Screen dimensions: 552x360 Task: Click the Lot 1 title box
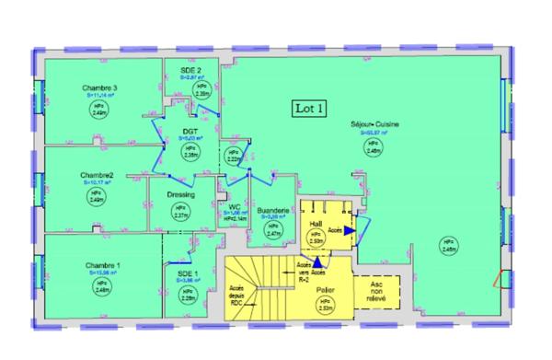click(x=309, y=108)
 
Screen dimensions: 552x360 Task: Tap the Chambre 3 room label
click(x=98, y=88)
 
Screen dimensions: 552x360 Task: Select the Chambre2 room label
click(x=96, y=176)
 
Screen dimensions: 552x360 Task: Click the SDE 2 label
click(x=190, y=70)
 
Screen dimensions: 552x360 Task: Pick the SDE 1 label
click(x=188, y=273)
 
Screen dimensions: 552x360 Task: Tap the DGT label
click(x=190, y=133)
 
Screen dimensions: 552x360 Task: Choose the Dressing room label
click(x=180, y=195)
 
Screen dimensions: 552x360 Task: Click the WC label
click(x=235, y=207)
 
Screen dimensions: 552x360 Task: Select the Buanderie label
click(x=273, y=211)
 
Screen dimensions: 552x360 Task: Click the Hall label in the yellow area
click(x=315, y=224)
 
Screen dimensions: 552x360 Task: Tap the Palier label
click(x=323, y=289)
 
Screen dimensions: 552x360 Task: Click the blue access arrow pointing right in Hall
click(x=350, y=232)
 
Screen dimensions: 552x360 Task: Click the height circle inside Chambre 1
click(x=100, y=286)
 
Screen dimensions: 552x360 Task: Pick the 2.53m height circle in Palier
click(x=325, y=307)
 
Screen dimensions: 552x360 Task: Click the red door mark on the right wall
click(x=500, y=279)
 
